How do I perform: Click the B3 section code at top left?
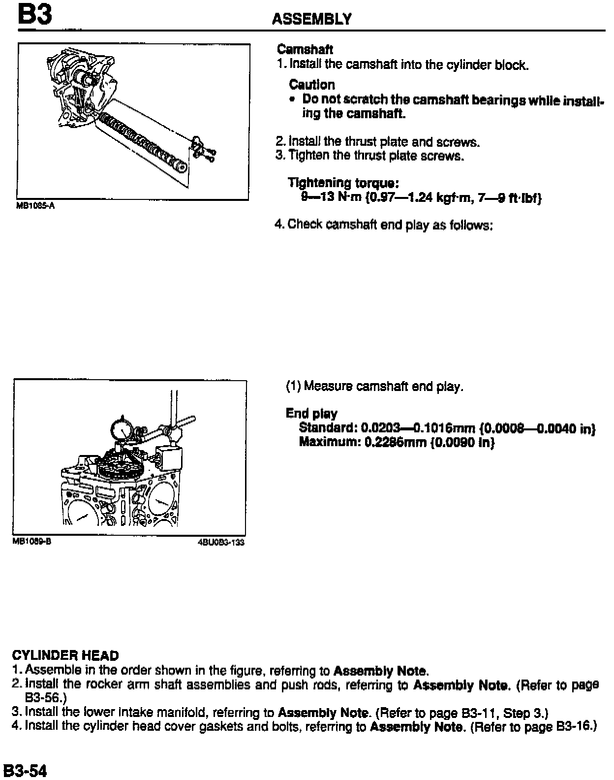(34, 15)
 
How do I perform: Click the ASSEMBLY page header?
(311, 19)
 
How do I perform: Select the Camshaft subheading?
(305, 49)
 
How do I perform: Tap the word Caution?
(312, 84)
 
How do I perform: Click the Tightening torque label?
(343, 183)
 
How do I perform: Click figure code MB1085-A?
(35, 206)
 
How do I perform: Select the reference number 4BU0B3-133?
(221, 542)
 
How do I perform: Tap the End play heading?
(311, 414)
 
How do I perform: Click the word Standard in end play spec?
(327, 428)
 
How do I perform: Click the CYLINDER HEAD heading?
(65, 656)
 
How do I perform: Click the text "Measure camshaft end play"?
(383, 387)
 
